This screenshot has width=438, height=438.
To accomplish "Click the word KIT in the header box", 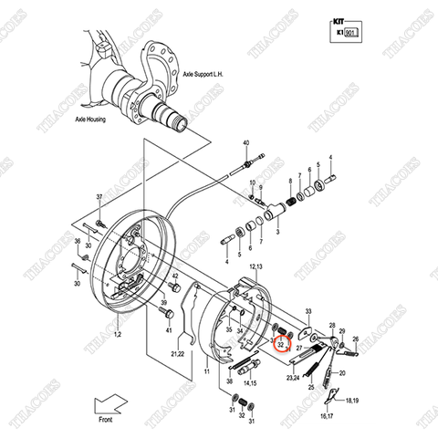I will tap(338, 17).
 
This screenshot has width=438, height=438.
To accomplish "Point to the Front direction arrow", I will tap(115, 401).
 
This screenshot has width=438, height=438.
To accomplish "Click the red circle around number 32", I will tap(281, 344).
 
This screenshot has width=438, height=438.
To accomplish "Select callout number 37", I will tap(100, 198).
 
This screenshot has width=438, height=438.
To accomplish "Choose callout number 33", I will tap(308, 310).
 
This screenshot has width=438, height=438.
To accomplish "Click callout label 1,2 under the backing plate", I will tap(116, 337).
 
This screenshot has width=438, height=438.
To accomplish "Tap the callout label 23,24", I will tap(294, 376).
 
